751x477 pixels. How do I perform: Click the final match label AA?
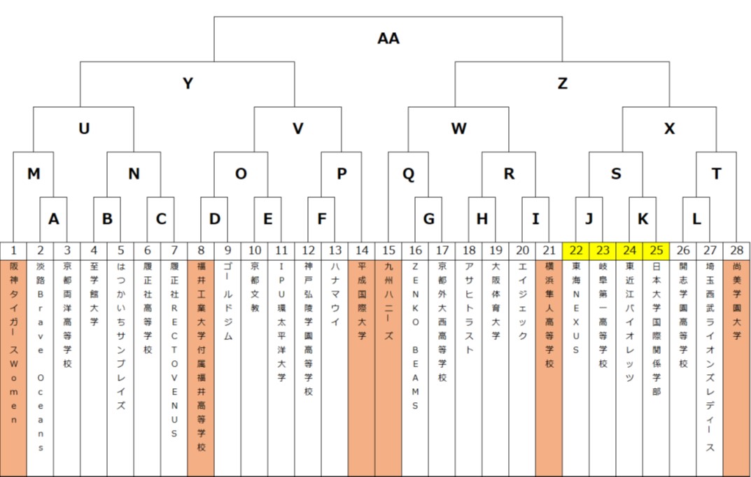coord(388,38)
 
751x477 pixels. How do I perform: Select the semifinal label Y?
coord(188,83)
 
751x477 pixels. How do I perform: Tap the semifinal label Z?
coord(562,83)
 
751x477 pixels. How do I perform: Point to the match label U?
coord(84,129)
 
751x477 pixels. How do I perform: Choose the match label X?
coord(669,129)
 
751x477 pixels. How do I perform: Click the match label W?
coord(458,129)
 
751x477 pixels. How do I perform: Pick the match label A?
coord(54,218)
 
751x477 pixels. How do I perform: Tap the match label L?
coord(696,218)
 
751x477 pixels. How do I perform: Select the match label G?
coord(428,218)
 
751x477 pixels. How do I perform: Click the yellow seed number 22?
coord(575,250)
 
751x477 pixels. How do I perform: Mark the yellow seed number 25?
coord(656,250)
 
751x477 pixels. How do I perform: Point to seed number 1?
coord(14,250)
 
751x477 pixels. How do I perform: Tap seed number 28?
coord(736,250)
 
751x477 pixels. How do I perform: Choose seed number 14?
coord(361,250)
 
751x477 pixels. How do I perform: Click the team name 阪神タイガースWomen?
coord(14,343)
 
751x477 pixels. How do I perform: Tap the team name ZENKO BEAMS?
coord(415,336)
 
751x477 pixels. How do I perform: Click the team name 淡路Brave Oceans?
coord(41,357)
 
